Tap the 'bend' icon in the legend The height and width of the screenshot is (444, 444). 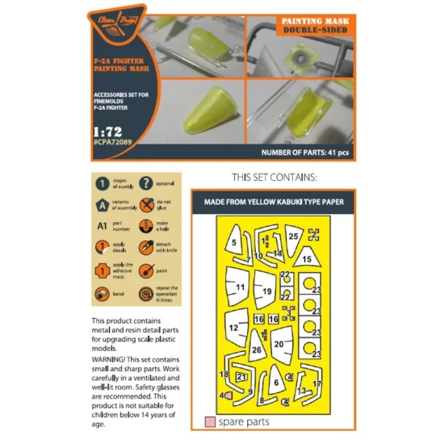103,294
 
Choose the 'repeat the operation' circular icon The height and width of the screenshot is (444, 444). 146,295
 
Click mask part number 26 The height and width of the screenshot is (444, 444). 256,350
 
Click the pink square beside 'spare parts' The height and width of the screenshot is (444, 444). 210,421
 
